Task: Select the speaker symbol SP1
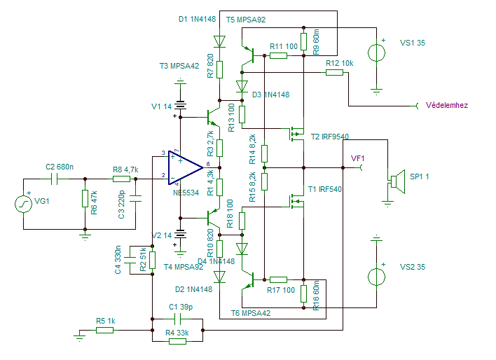coord(398,181)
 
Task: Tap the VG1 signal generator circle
coord(23,204)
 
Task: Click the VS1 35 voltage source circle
coord(376,53)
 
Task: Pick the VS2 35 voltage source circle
coord(376,277)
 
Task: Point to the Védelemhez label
coord(447,105)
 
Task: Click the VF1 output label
coord(357,158)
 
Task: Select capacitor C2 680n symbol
coord(54,179)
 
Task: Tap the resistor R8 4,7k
coord(121,179)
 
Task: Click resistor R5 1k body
coord(104,331)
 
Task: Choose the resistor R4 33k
coord(177,341)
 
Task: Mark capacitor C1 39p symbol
coord(177,319)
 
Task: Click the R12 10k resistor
coord(334,72)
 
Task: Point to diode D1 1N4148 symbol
coord(219,41)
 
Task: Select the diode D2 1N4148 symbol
coord(219,277)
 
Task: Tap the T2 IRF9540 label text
coord(330,137)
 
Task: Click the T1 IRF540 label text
coord(325,189)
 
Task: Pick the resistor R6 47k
coord(85,199)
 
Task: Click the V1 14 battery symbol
coord(180,105)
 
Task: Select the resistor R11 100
coord(278,55)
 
